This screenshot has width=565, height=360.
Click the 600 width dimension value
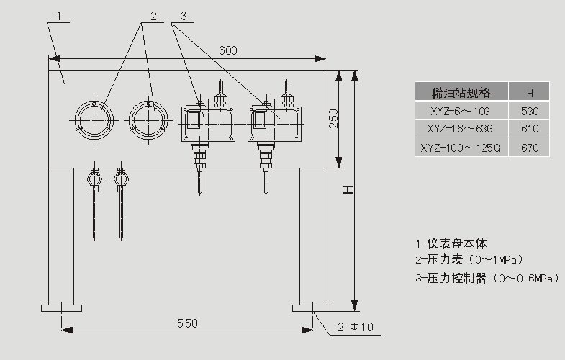pos(228,50)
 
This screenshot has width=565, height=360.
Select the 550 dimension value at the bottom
pos(186,323)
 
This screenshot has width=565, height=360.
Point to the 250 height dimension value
pos(333,118)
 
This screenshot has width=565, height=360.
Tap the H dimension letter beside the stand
pos(347,189)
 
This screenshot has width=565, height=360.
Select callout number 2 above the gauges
pos(153,15)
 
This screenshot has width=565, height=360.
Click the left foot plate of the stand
pos(60,309)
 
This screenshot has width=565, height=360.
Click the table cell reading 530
pos(529,110)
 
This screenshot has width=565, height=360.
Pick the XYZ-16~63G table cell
pos(461,129)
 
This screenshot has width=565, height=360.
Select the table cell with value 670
pos(529,148)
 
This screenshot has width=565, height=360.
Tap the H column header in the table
pos(529,92)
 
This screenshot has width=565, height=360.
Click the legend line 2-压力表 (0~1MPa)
pos(469,260)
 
